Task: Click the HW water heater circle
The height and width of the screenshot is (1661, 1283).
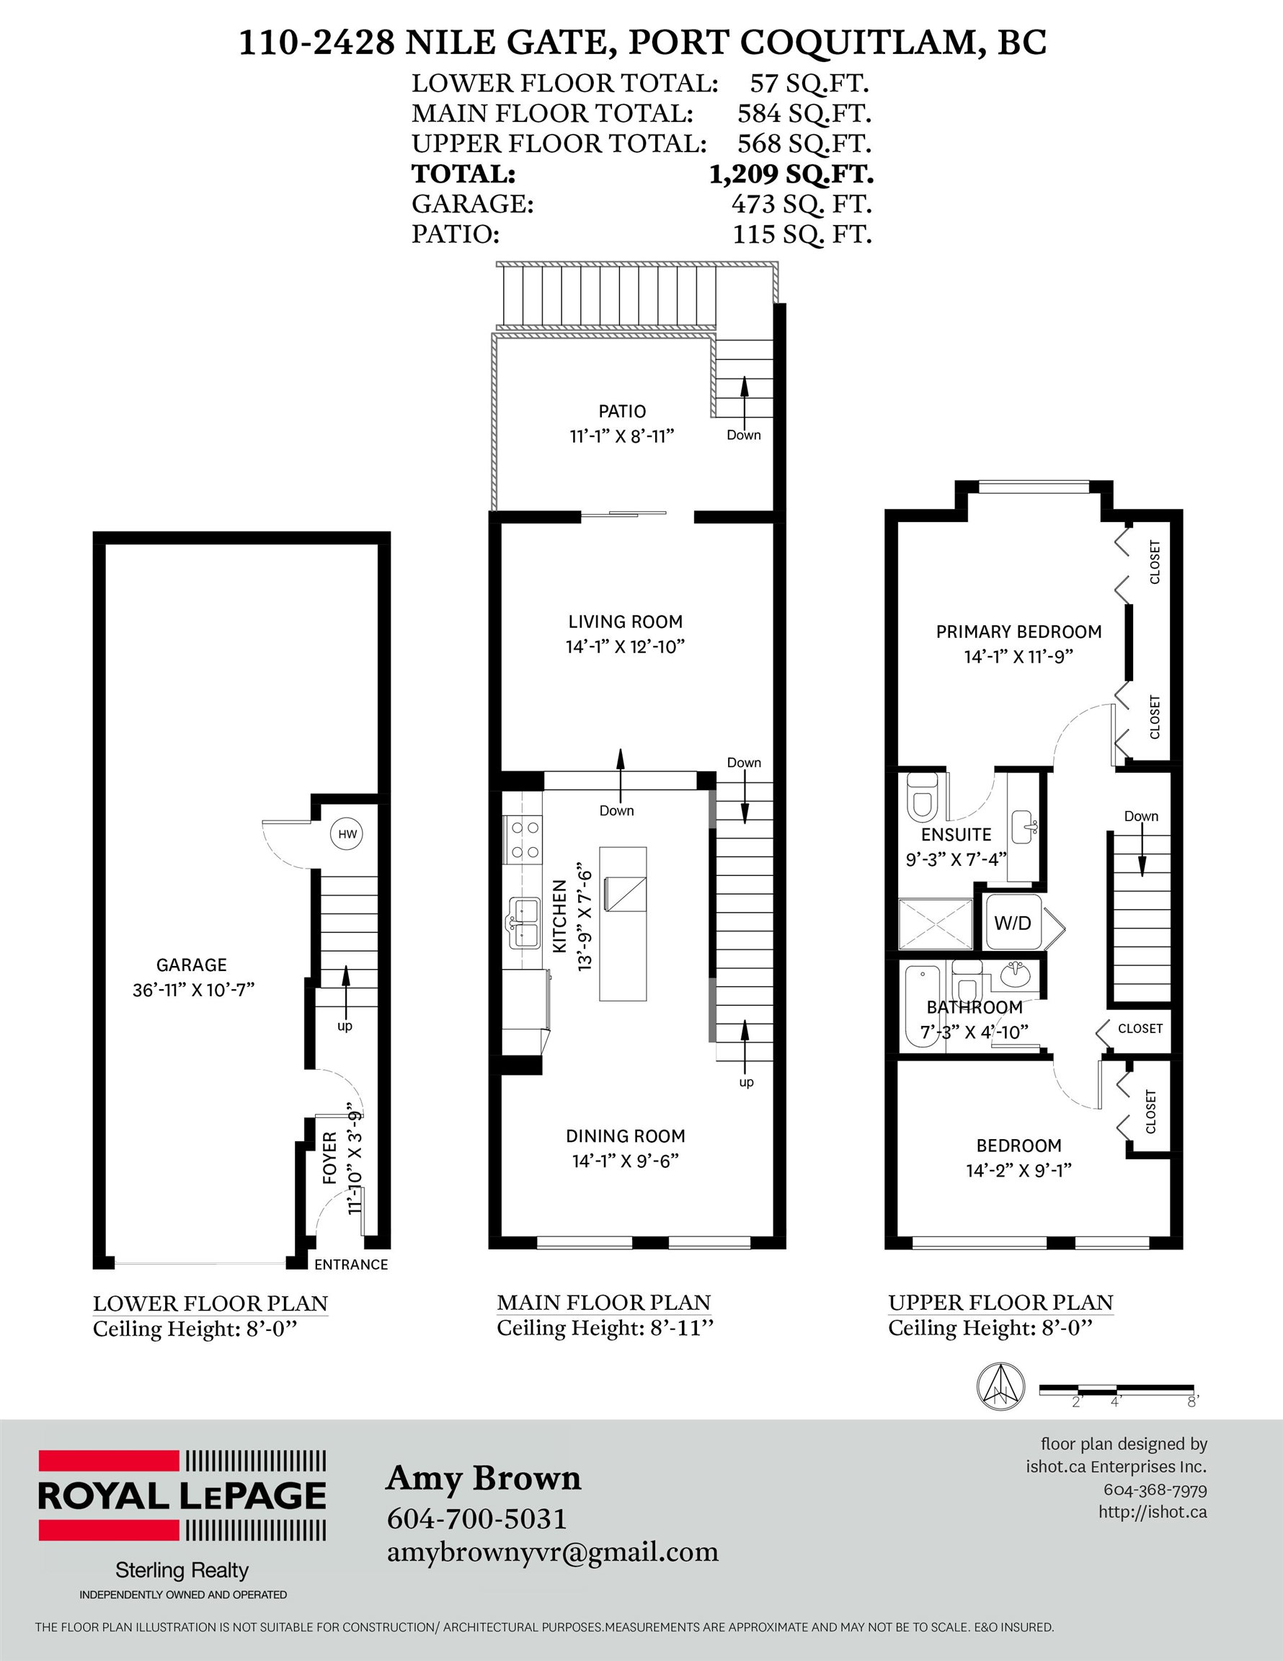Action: [347, 834]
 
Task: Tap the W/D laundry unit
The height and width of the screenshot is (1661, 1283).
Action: [1012, 923]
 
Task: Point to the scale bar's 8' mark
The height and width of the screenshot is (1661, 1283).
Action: [1192, 1401]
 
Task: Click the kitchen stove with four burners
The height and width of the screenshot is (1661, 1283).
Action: [523, 841]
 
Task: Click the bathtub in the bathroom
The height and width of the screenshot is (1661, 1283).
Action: [922, 1007]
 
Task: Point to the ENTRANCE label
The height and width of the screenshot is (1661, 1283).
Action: [351, 1264]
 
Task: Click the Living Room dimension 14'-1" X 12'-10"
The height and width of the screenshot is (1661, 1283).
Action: [625, 647]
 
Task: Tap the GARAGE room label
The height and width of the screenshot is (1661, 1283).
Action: [192, 965]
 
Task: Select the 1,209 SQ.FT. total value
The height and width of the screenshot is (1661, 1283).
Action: [791, 174]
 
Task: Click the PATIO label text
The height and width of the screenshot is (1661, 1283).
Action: [622, 412]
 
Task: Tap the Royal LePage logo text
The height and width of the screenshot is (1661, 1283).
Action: [182, 1495]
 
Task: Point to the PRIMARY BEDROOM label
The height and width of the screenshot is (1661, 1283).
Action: [1018, 632]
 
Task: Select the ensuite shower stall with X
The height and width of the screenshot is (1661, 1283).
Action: [936, 924]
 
